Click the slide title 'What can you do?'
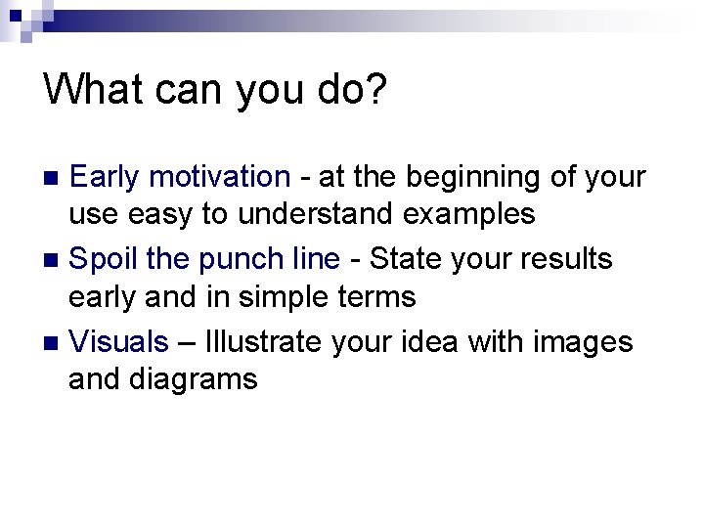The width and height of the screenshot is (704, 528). tap(215, 89)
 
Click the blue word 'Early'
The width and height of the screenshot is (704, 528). tap(109, 177)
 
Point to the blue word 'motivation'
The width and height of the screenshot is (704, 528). tap(221, 177)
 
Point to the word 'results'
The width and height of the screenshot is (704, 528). tap(569, 259)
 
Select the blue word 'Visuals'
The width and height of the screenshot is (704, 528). tap(119, 342)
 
